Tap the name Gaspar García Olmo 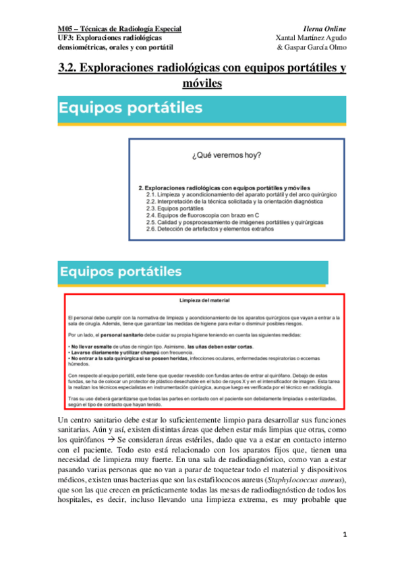tap(315, 48)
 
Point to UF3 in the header tap(66, 38)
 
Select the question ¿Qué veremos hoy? tap(236, 155)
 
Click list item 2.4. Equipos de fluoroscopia tap(205, 215)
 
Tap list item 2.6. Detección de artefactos tap(210, 229)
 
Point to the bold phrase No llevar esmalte tap(92, 345)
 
